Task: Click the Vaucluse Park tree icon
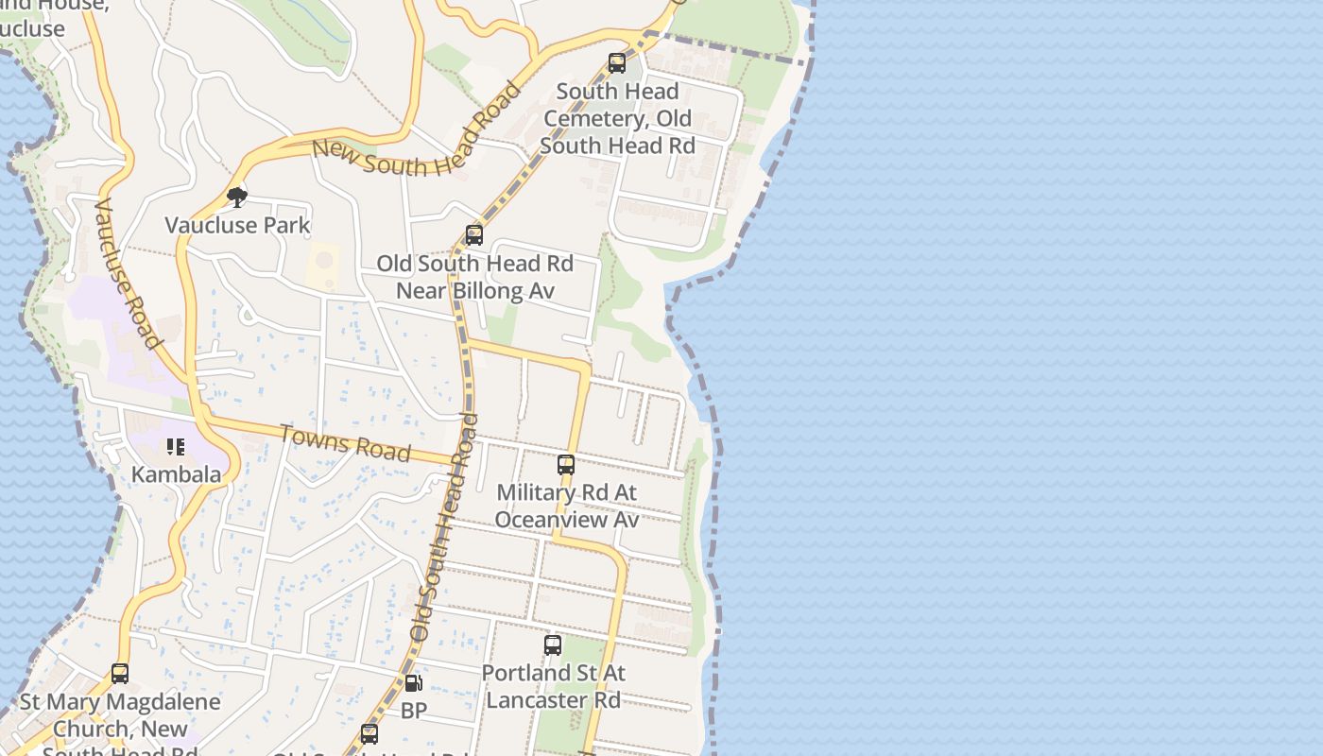237,197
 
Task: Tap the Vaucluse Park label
237,225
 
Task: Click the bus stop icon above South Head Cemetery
617,63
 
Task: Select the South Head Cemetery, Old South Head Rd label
617,118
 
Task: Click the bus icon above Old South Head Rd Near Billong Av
474,235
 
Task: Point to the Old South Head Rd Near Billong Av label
474,277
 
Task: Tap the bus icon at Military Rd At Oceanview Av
566,465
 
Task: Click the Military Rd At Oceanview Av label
566,506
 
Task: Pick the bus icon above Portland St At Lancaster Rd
553,645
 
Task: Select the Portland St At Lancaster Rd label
553,686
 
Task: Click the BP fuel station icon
413,683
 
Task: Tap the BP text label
414,710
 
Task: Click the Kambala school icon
176,446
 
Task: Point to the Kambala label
176,473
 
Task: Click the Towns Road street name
345,442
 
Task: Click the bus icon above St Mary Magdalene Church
120,674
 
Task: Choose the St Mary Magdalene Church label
120,728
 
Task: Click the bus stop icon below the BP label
369,733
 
